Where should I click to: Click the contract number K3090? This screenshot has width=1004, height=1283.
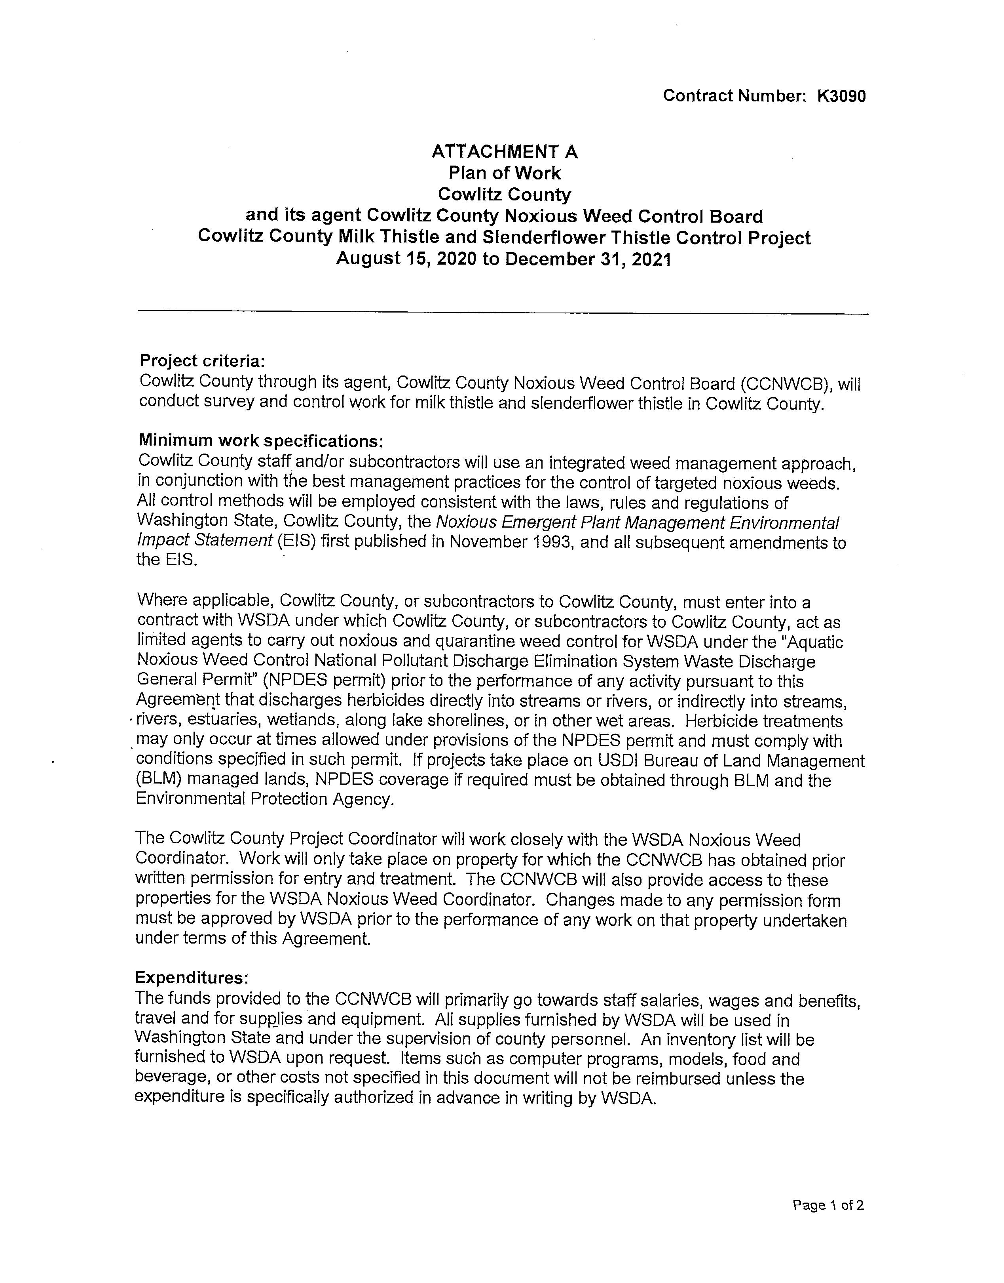click(x=841, y=96)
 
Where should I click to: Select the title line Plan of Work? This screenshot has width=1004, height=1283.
click(x=504, y=173)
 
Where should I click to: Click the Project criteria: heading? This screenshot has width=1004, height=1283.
click(x=201, y=360)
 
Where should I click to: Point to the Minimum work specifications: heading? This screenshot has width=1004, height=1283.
click(x=261, y=440)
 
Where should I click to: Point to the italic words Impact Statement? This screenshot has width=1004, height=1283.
click(x=205, y=541)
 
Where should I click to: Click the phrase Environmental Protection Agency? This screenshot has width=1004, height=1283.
click(x=264, y=799)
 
